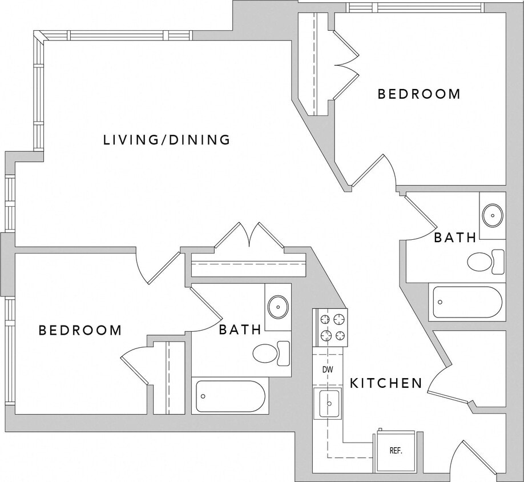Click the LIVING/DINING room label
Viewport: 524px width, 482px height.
[x=167, y=139]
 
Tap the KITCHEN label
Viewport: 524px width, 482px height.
[x=386, y=383]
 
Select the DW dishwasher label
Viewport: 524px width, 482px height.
[x=327, y=369]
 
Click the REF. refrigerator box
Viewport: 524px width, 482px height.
[x=396, y=451]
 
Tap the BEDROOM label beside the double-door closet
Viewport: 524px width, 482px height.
[x=419, y=94]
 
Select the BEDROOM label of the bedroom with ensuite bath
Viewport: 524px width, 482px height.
[x=80, y=330]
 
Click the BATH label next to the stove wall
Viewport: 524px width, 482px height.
[x=240, y=329]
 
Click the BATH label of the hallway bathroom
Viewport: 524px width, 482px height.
[x=455, y=238]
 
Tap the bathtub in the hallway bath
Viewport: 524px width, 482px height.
[x=467, y=302]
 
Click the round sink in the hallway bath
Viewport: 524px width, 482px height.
[x=492, y=215]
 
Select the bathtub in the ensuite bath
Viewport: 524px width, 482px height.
[x=231, y=396]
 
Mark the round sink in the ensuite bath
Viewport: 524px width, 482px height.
[x=278, y=307]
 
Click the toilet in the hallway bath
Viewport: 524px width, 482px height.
[x=485, y=262]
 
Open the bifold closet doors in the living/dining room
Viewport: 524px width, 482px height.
[x=249, y=236]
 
